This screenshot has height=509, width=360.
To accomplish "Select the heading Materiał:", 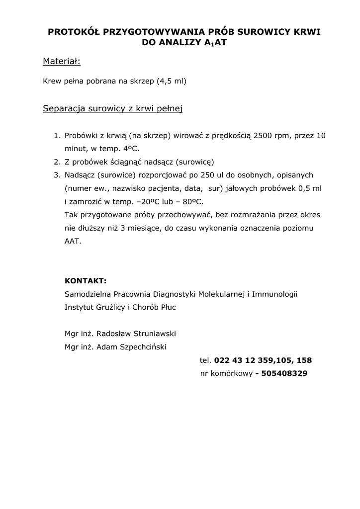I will tap(62, 62).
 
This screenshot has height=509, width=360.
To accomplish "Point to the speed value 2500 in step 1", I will tap(263, 135).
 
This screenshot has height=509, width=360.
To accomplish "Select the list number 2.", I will tap(56, 162).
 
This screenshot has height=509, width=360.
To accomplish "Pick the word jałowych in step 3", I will tap(249, 188).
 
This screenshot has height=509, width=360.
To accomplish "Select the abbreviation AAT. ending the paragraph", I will tap(73, 242).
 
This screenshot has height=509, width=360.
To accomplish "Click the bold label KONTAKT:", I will tap(86, 280).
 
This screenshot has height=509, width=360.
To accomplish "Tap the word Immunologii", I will tap(274, 294).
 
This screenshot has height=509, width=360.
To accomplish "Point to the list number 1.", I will tap(56, 135).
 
